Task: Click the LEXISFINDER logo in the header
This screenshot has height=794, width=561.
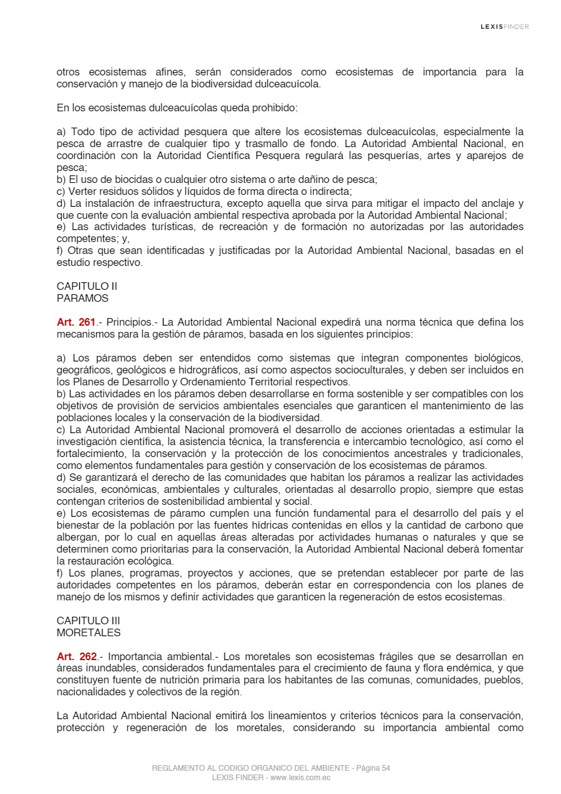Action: click(x=504, y=26)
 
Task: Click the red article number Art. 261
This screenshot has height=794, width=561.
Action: click(x=75, y=323)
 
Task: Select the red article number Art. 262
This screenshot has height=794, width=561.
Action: click(x=75, y=657)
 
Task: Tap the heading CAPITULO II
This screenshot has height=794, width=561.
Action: click(x=87, y=287)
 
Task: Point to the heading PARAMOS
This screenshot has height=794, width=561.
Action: click(x=82, y=299)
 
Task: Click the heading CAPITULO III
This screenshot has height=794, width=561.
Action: click(x=89, y=621)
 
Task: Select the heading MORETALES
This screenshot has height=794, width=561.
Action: click(x=89, y=633)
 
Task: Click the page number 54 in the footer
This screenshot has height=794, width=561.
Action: click(x=386, y=768)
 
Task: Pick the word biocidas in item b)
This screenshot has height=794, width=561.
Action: click(x=117, y=180)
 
